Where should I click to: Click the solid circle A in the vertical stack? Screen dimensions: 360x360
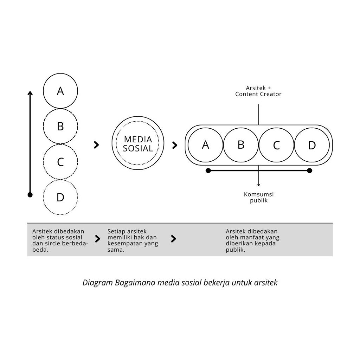click(x=60, y=91)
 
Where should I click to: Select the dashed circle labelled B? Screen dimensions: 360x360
click(x=60, y=127)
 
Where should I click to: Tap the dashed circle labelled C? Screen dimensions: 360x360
click(x=60, y=162)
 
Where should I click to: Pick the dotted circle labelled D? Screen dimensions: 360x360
click(x=60, y=198)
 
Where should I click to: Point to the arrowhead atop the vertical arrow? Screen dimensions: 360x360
click(x=30, y=93)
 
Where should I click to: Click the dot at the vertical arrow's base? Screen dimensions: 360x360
click(x=30, y=194)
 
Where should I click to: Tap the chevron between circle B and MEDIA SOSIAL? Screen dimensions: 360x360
click(x=97, y=145)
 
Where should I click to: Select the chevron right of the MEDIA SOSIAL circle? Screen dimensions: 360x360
click(x=175, y=145)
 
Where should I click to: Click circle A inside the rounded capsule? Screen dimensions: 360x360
click(x=206, y=145)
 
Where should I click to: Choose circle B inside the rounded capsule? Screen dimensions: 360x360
click(x=241, y=145)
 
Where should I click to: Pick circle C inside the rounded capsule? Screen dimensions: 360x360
click(x=276, y=145)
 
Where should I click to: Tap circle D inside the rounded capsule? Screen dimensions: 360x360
click(x=312, y=145)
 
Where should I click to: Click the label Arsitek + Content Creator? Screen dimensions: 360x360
click(x=258, y=91)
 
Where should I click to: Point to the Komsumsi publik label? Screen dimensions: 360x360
click(x=259, y=197)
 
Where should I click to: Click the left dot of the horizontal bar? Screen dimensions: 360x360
click(x=208, y=171)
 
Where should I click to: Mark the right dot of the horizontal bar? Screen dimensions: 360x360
click(x=309, y=171)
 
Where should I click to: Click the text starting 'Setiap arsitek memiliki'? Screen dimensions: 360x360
click(x=133, y=241)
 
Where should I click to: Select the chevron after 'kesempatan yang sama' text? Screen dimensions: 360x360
click(x=173, y=239)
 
